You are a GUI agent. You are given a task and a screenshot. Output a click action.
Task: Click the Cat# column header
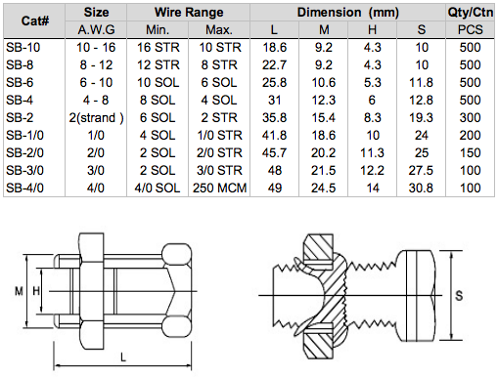(35, 21)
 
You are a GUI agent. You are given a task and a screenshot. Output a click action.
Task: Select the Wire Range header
(189, 13)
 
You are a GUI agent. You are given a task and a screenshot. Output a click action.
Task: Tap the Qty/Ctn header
(470, 13)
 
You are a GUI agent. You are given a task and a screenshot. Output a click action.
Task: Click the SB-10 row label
(23, 48)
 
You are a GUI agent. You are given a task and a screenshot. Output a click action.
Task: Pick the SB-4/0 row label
(24, 188)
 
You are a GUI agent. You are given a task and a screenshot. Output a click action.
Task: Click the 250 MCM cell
(219, 188)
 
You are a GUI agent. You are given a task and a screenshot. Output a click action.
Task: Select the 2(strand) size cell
(96, 118)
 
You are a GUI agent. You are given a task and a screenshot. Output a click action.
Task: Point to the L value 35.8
(274, 118)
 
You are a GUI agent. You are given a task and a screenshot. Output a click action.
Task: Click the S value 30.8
(421, 188)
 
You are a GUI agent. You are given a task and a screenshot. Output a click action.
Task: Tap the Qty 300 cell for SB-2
(470, 118)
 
